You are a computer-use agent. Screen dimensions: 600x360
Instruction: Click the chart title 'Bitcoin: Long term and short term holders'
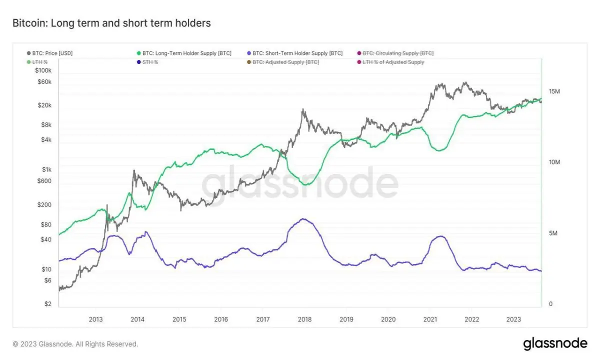click(111, 23)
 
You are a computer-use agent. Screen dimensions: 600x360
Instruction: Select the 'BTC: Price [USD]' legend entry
click(50, 53)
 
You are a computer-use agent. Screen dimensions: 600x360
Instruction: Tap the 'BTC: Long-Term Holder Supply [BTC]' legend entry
click(184, 53)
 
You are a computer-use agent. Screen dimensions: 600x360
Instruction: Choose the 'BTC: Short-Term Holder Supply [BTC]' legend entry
click(295, 53)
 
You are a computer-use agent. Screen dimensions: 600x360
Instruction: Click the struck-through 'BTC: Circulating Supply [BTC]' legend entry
click(395, 53)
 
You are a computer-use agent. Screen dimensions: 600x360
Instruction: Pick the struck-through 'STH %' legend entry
click(147, 62)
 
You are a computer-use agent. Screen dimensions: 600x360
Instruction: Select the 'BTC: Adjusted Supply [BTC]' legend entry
click(283, 62)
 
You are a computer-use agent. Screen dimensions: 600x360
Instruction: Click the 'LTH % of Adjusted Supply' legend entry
click(391, 62)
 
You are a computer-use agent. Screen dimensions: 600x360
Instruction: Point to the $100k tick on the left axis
click(43, 70)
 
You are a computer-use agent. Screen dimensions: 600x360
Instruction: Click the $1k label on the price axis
click(46, 169)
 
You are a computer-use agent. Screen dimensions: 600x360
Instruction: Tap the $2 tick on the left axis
click(48, 304)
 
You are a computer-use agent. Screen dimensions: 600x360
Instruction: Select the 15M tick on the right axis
click(554, 91)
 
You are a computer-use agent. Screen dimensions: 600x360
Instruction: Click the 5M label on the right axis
click(553, 233)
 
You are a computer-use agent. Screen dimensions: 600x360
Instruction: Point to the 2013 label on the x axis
click(95, 319)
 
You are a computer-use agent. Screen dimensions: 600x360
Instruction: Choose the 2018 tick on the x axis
click(304, 319)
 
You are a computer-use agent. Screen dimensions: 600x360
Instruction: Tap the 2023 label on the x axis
click(513, 319)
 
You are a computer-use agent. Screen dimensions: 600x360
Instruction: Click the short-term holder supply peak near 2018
click(303, 219)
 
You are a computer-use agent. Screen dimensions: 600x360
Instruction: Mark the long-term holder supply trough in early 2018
click(307, 184)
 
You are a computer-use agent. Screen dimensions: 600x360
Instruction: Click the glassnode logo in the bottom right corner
click(555, 343)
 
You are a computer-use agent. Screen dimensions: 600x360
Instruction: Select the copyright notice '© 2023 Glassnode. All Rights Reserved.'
click(75, 344)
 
